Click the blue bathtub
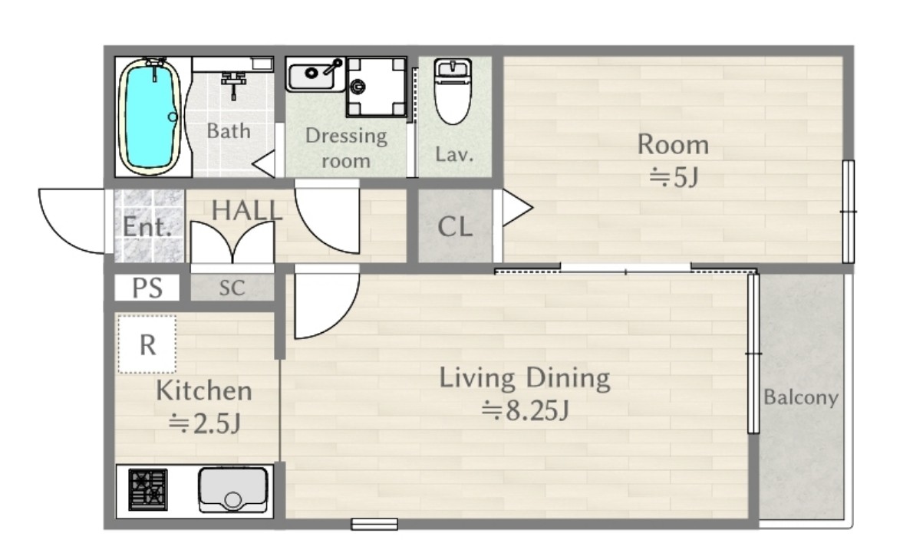click(148, 117)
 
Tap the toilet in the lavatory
click(453, 91)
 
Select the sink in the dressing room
click(315, 74)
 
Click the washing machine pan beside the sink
click(376, 87)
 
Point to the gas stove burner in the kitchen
click(148, 489)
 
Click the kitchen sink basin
click(233, 490)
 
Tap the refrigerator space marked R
click(147, 344)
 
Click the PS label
click(147, 288)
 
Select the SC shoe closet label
click(232, 288)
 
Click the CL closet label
click(455, 226)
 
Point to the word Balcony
click(801, 397)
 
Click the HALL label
click(247, 210)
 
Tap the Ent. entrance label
click(147, 226)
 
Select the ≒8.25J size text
click(525, 411)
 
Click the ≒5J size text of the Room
click(674, 177)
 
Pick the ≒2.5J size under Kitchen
click(204, 423)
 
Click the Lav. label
click(454, 154)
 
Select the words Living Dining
click(525, 378)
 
